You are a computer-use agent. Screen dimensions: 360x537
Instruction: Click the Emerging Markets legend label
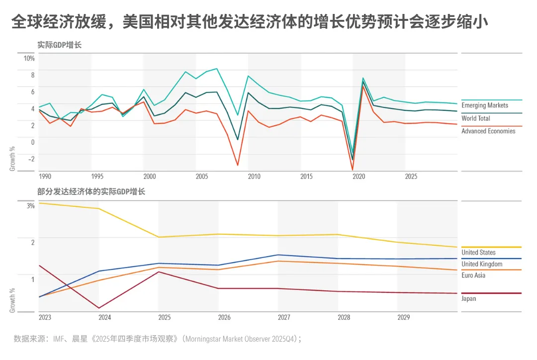[x=485, y=105]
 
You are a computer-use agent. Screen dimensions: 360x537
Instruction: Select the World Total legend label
[x=476, y=118]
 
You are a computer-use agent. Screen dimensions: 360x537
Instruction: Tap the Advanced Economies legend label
[x=488, y=131]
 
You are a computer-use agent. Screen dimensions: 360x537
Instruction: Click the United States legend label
[x=478, y=253]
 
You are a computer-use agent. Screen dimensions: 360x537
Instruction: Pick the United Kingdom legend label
[x=482, y=264]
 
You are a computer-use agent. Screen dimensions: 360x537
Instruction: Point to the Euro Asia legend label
[x=473, y=275]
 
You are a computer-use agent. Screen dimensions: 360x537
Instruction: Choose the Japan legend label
[x=469, y=299]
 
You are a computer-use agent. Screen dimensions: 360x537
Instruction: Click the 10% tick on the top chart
[x=29, y=58]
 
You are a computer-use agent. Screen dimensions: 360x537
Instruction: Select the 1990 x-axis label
[x=45, y=177]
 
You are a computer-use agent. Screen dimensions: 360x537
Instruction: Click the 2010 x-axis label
[x=254, y=177]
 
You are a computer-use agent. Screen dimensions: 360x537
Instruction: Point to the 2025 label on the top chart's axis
[x=411, y=177]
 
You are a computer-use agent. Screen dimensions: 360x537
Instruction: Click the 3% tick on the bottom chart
[x=30, y=205]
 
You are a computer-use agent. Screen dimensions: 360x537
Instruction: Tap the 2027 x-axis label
[x=284, y=317]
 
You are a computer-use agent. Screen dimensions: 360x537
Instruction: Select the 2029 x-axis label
[x=403, y=317]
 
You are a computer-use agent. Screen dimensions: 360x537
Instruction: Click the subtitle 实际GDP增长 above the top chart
[x=59, y=45]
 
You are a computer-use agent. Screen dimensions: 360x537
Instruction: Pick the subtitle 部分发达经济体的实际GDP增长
[x=91, y=191]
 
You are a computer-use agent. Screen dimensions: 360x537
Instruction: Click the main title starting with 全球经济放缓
[x=249, y=22]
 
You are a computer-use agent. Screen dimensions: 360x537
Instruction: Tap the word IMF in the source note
[x=58, y=339]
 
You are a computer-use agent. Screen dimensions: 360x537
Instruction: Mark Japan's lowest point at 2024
[x=99, y=308]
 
